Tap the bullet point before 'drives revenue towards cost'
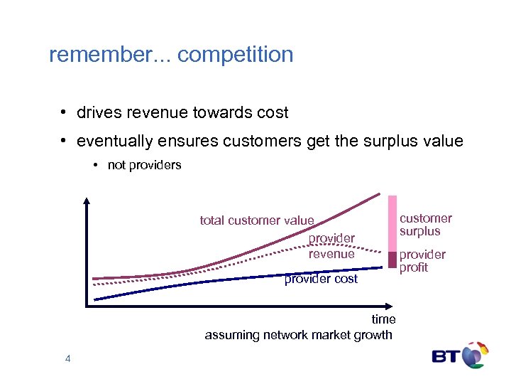tap(64, 113)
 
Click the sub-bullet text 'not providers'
tap(144, 165)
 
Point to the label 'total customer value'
tap(256, 220)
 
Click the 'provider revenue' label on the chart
tap(331, 245)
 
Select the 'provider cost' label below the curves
tap(321, 279)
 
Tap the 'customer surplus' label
tap(425, 225)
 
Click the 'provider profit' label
tap(422, 261)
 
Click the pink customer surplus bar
tap(392, 223)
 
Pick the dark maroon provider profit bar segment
tap(392, 260)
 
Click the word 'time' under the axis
tap(383, 319)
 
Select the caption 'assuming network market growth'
tap(298, 335)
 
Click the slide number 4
tap(67, 359)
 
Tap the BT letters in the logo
tap(446, 356)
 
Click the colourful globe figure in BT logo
tap(475, 355)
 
